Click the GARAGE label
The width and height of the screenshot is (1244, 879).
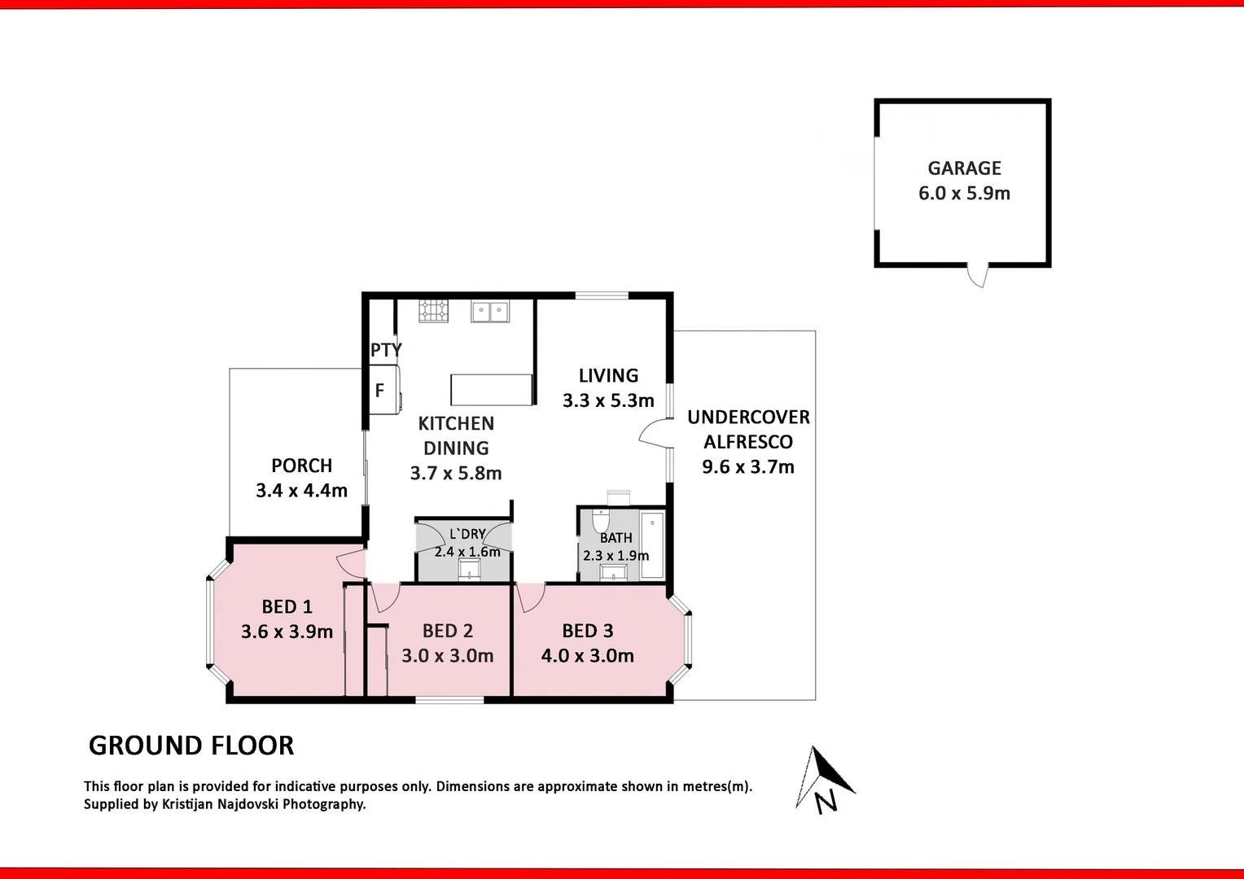pyautogui.click(x=964, y=168)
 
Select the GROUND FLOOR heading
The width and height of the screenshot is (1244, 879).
pyautogui.click(x=191, y=746)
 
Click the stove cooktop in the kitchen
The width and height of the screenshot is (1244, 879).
pyautogui.click(x=433, y=311)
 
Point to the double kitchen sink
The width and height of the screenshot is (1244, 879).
pyautogui.click(x=490, y=311)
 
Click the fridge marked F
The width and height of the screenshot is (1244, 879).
pyautogui.click(x=381, y=391)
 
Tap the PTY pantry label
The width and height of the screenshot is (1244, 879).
pyautogui.click(x=386, y=350)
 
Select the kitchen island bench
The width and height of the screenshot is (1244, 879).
pyautogui.click(x=492, y=389)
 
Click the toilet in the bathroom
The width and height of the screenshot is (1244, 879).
pyautogui.click(x=601, y=518)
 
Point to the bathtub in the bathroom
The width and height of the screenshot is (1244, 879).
pyautogui.click(x=652, y=544)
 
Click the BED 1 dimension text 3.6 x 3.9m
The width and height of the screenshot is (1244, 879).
pyautogui.click(x=287, y=632)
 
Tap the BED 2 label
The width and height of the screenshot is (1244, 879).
pyautogui.click(x=448, y=631)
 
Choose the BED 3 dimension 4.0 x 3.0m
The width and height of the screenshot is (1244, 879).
pyautogui.click(x=588, y=656)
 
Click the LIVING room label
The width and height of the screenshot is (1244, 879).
pyautogui.click(x=608, y=376)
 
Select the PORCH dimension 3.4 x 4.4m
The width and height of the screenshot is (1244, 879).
pyautogui.click(x=302, y=491)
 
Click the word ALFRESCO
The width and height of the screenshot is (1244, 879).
pyautogui.click(x=748, y=442)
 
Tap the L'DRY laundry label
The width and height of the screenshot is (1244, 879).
pyautogui.click(x=467, y=534)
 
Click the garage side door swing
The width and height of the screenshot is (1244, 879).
pyautogui.click(x=978, y=275)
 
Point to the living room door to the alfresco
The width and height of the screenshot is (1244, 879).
pyautogui.click(x=655, y=434)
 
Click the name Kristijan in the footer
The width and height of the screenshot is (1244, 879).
pyautogui.click(x=195, y=804)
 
